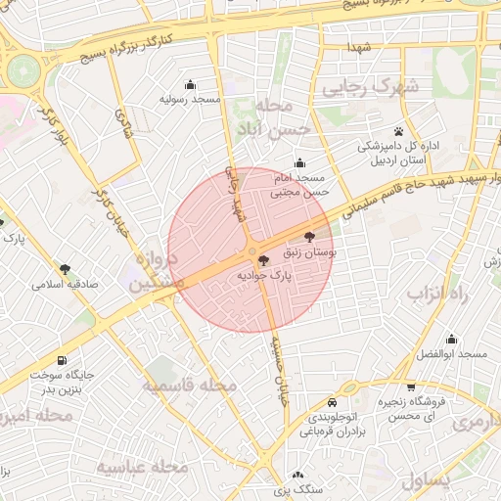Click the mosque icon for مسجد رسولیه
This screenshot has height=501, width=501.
[190, 84]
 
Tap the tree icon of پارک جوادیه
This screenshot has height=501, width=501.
[261, 259]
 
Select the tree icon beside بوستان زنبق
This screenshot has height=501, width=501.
[310, 236]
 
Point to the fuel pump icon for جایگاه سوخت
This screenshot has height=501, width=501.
[64, 360]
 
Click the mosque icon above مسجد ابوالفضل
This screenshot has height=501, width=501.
[451, 339]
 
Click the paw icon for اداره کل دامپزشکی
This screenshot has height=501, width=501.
[399, 131]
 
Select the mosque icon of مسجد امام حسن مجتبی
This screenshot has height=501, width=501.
[298, 162]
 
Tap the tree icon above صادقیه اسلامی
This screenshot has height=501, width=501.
[65, 268]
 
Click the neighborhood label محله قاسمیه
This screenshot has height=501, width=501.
[191, 386]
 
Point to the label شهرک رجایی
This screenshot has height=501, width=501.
[384, 88]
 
